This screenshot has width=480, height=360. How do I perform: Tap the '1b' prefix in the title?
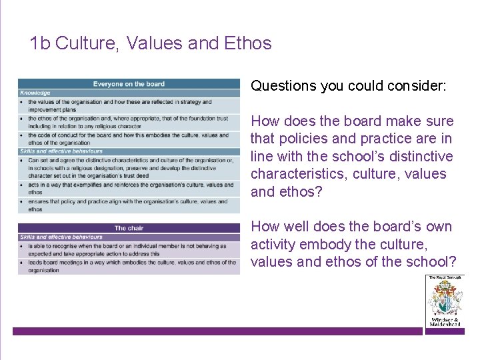(x=40, y=43)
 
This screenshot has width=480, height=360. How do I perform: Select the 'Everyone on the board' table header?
(x=129, y=84)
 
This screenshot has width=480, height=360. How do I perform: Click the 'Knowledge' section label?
(x=35, y=93)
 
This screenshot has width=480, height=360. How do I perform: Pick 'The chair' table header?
(x=129, y=228)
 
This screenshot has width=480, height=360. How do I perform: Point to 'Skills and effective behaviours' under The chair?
(x=61, y=237)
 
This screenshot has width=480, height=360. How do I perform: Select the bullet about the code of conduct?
(x=127, y=139)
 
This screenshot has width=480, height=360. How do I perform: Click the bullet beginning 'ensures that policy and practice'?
(x=127, y=205)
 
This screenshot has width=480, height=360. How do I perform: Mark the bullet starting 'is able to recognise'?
(x=127, y=249)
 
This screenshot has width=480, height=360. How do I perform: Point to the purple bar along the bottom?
(x=217, y=331)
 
